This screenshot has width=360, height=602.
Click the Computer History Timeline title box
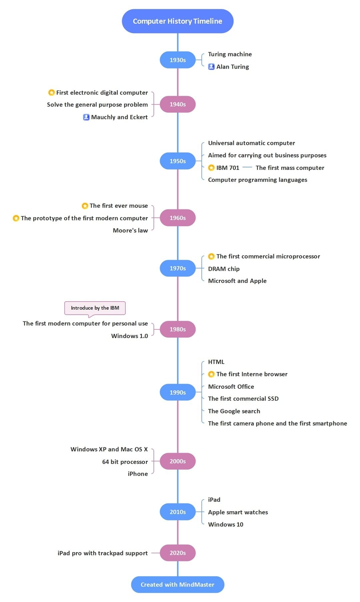[x=177, y=21]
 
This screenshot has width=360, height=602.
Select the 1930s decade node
[x=177, y=60]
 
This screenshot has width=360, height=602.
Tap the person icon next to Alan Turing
[x=211, y=67]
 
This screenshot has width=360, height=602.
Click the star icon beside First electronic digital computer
[x=51, y=93]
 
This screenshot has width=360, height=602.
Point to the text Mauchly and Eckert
[x=119, y=117]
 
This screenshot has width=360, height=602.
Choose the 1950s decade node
[x=177, y=161]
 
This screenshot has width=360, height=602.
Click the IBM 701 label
[x=228, y=168]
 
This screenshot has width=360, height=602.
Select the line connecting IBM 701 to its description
[x=247, y=167]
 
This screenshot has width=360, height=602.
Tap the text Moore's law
[x=130, y=231]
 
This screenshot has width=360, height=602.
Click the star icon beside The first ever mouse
[x=85, y=206]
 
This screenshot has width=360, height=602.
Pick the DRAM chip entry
[x=224, y=269]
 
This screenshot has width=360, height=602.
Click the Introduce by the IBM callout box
[x=95, y=308]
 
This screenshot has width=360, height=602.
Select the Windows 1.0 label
[x=129, y=336]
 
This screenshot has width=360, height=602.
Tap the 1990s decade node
[x=177, y=392]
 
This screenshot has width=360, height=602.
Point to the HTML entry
[x=216, y=362]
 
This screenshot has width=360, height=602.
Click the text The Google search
[x=234, y=411]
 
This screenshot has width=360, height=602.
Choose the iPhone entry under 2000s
[x=138, y=474]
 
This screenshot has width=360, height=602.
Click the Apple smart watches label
[x=238, y=512]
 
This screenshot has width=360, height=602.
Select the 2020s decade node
[x=177, y=553]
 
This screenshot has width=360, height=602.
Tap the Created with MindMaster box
[x=177, y=584]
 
